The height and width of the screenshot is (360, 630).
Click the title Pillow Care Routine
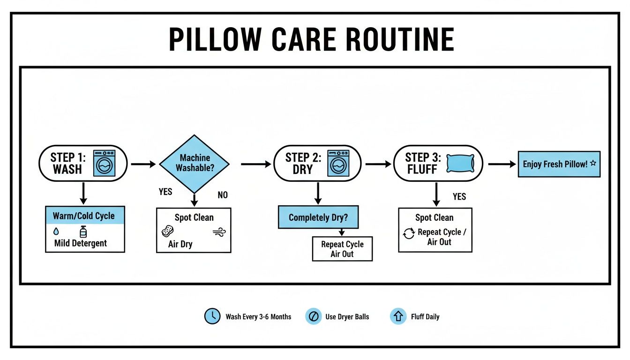click(311, 39)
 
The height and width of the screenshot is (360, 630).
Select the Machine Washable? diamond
click(194, 163)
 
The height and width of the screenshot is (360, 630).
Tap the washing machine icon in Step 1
click(105, 163)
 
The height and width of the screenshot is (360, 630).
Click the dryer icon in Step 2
click(338, 163)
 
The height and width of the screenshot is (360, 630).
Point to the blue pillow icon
click(460, 163)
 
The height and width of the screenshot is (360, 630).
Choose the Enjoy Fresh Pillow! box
click(559, 164)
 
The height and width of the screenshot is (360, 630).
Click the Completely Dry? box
click(318, 217)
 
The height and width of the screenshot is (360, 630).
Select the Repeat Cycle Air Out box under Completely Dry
click(342, 249)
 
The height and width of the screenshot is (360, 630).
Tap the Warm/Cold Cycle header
click(85, 216)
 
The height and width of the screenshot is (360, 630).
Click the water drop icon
click(56, 232)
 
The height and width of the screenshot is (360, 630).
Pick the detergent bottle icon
click(83, 231)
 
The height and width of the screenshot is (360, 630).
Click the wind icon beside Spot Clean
click(218, 232)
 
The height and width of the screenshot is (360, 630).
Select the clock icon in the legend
click(212, 316)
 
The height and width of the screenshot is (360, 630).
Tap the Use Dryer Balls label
click(347, 317)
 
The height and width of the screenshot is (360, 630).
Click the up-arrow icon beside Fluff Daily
click(398, 316)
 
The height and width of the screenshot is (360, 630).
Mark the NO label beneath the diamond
click(223, 195)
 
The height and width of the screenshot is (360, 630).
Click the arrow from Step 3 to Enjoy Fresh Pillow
click(502, 164)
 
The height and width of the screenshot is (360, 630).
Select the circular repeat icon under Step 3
click(409, 233)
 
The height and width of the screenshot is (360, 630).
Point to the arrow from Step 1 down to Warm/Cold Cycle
click(83, 193)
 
